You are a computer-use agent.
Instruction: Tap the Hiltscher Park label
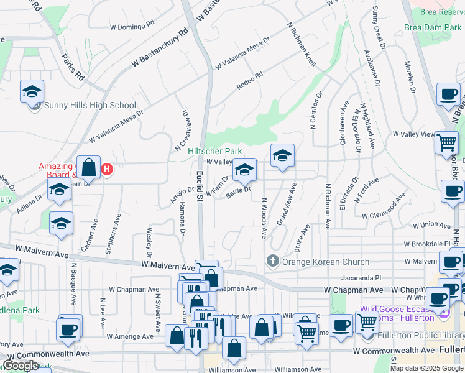(215, 151)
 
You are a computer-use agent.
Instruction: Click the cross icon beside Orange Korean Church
(272, 262)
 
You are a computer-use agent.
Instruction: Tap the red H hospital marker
(107, 168)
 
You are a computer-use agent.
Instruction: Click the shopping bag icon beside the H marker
(89, 167)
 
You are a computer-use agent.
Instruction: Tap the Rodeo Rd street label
(250, 81)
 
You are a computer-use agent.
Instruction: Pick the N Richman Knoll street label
(302, 45)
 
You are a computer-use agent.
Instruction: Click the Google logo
(21, 366)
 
